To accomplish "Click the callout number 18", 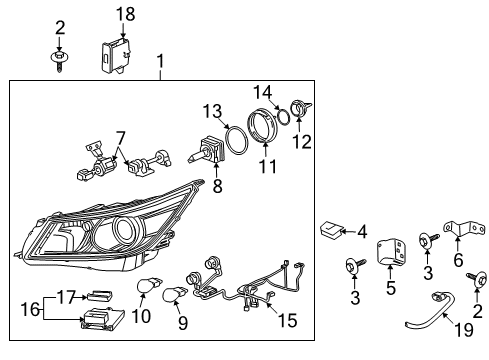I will click(124, 13).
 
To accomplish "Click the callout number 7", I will click(120, 136).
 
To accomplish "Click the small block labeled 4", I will click(331, 232).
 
